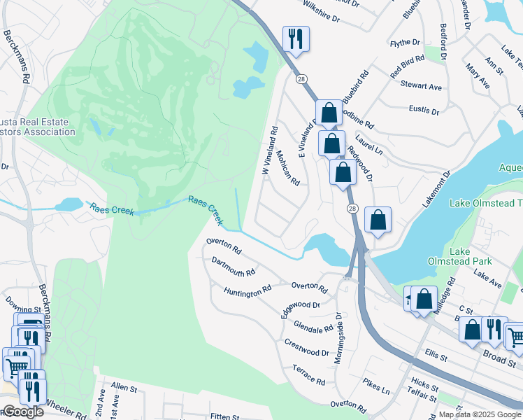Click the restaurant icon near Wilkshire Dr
click(295, 39)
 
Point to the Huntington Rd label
click(247, 290)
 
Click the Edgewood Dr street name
click(300, 308)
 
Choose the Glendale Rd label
click(313, 327)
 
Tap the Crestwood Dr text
click(306, 348)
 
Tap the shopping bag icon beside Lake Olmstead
click(378, 220)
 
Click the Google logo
click(24, 412)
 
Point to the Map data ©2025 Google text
click(480, 414)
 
